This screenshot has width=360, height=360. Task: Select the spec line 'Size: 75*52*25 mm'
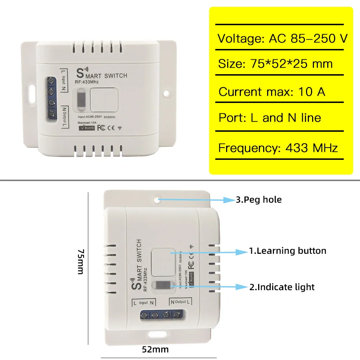pyautogui.click(x=275, y=64)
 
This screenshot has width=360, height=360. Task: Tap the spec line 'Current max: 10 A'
pyautogui.click(x=272, y=92)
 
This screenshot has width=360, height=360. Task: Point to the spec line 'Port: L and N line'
pyautogui.click(x=270, y=118)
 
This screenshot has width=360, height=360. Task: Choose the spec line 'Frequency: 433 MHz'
pyautogui.click(x=278, y=148)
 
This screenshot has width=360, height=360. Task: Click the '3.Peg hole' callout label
pyautogui.click(x=258, y=199)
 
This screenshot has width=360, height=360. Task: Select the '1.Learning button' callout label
pyautogui.click(x=288, y=251)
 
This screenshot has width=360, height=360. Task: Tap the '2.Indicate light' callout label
pyautogui.click(x=282, y=287)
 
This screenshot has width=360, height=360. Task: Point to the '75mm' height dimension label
pyautogui.click(x=81, y=261)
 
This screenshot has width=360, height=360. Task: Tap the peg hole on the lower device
pyautogui.click(x=158, y=198)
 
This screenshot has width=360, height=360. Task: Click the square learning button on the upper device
pyautogui.click(x=103, y=99)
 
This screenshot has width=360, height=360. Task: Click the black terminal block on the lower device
pyautogui.click(x=160, y=315)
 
